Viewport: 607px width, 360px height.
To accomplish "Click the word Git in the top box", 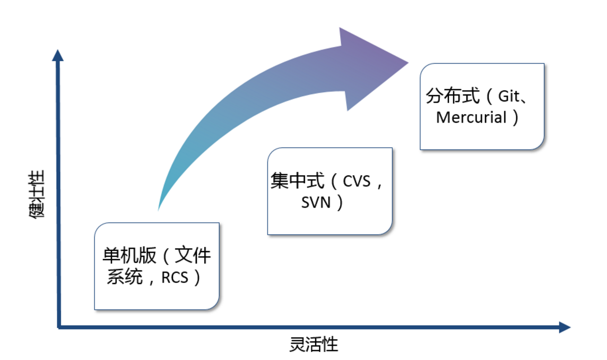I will pyautogui.click(x=509, y=97).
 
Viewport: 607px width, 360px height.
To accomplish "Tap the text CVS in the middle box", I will pyautogui.click(x=358, y=182).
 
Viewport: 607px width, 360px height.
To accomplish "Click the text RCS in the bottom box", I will pyautogui.click(x=175, y=277).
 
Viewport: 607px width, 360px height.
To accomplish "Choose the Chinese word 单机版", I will pyautogui.click(x=129, y=256).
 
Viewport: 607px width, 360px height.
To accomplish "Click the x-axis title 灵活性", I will pyautogui.click(x=314, y=345).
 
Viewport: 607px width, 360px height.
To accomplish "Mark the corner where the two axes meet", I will pyautogui.click(x=59, y=327).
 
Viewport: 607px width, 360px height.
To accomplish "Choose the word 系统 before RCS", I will pyautogui.click(x=125, y=277).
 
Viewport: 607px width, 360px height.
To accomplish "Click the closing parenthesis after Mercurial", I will pyautogui.click(x=515, y=117).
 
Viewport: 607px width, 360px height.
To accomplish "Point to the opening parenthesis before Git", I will pyautogui.click(x=489, y=97).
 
